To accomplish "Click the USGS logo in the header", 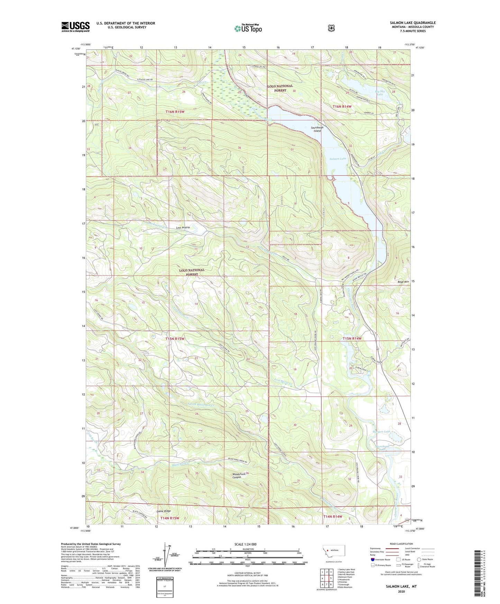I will (75, 27).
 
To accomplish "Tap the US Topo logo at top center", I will (248, 28).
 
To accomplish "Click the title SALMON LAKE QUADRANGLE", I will (412, 23).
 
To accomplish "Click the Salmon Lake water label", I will (338, 158).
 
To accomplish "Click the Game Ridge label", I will (164, 511).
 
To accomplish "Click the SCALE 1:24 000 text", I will (245, 544).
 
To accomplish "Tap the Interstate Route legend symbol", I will (372, 559).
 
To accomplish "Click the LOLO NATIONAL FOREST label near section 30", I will (280, 88).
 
